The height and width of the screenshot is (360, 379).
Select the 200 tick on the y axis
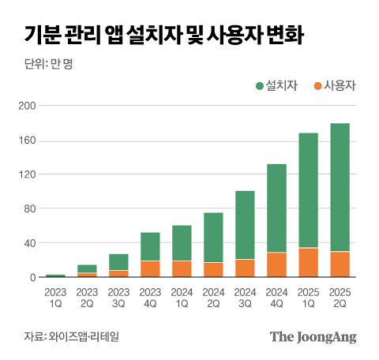(27, 106)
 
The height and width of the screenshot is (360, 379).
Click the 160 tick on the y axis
(27, 141)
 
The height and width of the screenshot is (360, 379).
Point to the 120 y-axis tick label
(27, 174)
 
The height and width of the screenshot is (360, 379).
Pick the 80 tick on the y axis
(29, 209)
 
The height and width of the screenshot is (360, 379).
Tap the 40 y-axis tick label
(29, 243)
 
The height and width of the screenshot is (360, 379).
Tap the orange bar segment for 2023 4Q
(150, 269)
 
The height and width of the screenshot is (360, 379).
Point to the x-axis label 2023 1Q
(55, 298)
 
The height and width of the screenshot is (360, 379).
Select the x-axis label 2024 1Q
(181, 298)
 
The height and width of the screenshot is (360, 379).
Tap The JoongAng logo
(313, 337)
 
